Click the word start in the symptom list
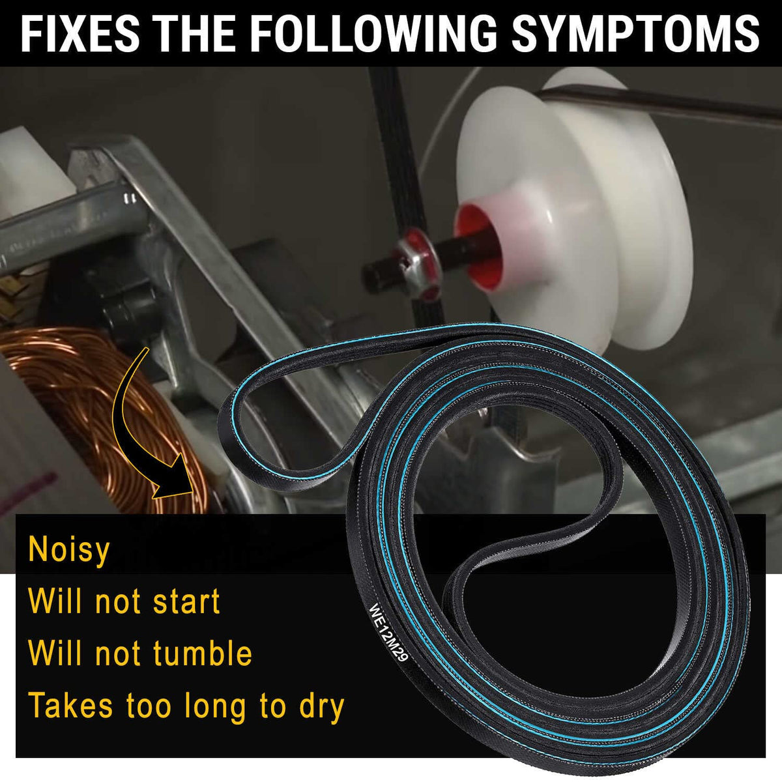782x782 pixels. (186, 601)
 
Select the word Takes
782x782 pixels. (70, 706)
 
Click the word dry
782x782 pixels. (322, 708)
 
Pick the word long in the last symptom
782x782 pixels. (215, 708)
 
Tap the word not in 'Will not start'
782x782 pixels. (119, 601)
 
